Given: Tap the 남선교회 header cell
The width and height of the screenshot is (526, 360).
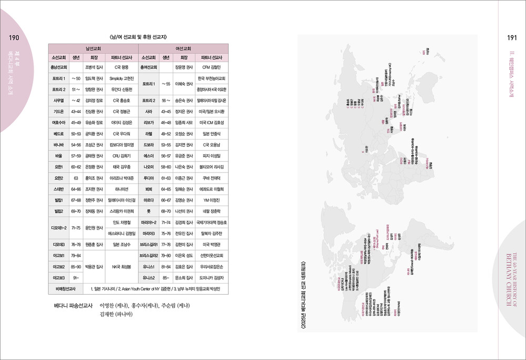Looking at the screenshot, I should pos(93,47).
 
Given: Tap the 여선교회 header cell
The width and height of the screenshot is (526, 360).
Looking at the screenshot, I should pos(184,47).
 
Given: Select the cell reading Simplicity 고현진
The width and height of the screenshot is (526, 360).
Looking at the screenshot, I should pos(122,78).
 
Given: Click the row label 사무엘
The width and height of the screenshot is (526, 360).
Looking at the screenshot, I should pos(58,100).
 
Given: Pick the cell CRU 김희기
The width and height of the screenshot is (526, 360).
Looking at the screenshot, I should pos(122,156).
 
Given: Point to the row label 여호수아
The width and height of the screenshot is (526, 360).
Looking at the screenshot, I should pos(58,122).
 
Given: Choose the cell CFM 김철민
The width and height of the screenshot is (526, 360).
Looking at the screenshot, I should pos(212,67).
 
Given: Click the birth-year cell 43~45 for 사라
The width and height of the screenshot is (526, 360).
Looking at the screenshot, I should pos(166,111).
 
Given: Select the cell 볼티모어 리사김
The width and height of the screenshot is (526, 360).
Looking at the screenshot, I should pos(212,167).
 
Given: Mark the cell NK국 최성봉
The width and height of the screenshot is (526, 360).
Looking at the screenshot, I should pos(122,267).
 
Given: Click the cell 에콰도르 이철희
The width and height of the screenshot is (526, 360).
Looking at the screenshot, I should pos(212,189).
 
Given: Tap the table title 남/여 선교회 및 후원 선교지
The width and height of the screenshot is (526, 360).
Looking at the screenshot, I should pos(138,36).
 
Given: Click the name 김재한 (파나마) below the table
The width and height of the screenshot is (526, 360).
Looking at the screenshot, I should pos(114,314).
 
